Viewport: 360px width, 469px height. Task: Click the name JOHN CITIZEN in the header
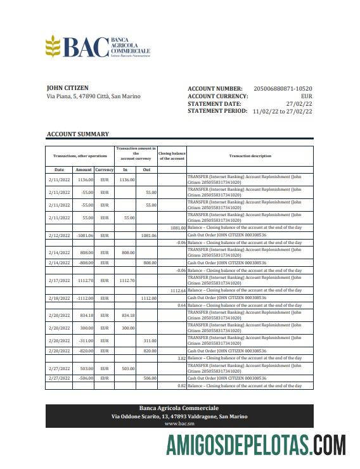pyautogui.click(x=68, y=88)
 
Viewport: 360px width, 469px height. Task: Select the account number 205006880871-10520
pyautogui.click(x=283, y=89)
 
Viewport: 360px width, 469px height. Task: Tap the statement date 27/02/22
pyautogui.click(x=299, y=103)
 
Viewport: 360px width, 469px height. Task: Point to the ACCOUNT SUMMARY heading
pyautogui.click(x=77, y=134)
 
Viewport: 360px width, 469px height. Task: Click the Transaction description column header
pyautogui.click(x=250, y=156)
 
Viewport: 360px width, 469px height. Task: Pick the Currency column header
pyautogui.click(x=105, y=170)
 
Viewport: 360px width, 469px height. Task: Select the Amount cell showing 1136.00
pyautogui.click(x=85, y=180)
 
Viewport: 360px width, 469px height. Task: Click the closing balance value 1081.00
pyautogui.click(x=177, y=228)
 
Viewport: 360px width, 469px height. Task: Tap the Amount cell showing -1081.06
pyautogui.click(x=84, y=235)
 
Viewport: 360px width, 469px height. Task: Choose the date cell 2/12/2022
pyautogui.click(x=59, y=235)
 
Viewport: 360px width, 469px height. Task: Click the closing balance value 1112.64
pyautogui.click(x=177, y=290)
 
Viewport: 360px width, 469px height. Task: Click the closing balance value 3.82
pyautogui.click(x=181, y=358)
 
